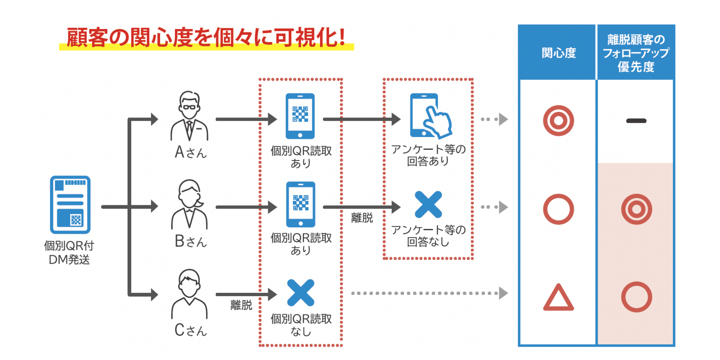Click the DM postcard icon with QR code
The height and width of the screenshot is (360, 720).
70,204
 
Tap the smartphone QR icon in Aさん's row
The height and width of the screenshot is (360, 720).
300,116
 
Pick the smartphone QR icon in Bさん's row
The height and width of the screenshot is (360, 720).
300,204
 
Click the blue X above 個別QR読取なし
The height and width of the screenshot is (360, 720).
300,293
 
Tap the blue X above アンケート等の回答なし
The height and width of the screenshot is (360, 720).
428,204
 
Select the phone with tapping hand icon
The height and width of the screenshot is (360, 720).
430,116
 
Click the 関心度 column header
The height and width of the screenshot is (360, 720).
558,53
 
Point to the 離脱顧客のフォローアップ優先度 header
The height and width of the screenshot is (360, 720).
636,53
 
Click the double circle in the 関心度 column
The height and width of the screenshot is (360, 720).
558,120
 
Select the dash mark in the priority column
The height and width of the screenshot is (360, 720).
636,120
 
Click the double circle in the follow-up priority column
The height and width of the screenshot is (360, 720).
636,209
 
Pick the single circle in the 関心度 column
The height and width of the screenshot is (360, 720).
558,209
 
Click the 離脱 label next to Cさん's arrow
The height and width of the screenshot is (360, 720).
241,305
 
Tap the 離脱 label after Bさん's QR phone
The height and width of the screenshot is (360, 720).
362,217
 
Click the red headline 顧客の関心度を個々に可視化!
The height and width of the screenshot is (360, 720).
206,37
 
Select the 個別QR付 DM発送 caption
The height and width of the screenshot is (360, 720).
69,252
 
